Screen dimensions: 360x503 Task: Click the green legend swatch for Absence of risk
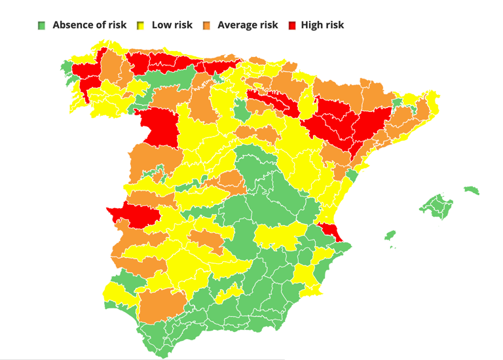point(42,26)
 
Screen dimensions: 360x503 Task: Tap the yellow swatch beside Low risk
point(141,26)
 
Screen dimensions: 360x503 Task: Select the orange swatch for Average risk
point(206,26)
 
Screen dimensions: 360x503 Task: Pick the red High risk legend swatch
point(291,26)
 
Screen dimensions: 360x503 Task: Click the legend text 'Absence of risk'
point(89,25)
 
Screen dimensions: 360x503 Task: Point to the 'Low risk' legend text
point(172,25)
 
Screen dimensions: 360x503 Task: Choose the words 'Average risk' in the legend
point(248,25)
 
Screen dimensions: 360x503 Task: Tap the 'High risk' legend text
point(322,25)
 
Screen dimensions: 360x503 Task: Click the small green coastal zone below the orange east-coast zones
point(352,175)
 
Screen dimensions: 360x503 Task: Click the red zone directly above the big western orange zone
point(159,126)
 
